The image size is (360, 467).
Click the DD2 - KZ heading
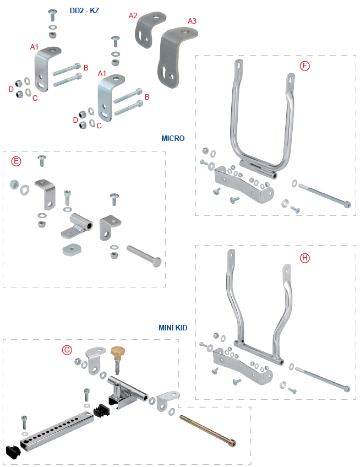pos(84,10)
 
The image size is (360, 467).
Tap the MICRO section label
pos(173,138)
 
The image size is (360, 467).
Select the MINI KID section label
pos(173,328)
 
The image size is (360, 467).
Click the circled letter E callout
pos(17,161)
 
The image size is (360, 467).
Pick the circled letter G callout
pos(67,350)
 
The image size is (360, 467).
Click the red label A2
pos(133,15)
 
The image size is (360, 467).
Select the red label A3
pos(192,21)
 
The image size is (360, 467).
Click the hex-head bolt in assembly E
pos(144,257)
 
